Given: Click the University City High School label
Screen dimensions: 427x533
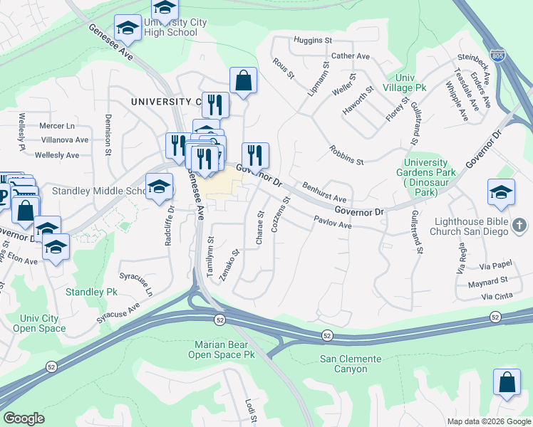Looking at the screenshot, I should click(x=175, y=28).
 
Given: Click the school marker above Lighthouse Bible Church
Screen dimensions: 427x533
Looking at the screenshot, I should click(x=501, y=193).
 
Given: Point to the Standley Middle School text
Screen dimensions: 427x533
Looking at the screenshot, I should click(x=98, y=191).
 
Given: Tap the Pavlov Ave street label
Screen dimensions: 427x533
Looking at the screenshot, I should click(x=333, y=225).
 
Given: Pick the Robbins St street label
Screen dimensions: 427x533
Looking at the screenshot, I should click(x=346, y=156).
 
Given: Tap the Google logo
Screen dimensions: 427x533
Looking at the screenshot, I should click(x=24, y=418).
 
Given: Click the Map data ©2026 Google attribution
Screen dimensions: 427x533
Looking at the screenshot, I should click(x=489, y=421).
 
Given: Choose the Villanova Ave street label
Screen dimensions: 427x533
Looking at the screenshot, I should click(x=64, y=140).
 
